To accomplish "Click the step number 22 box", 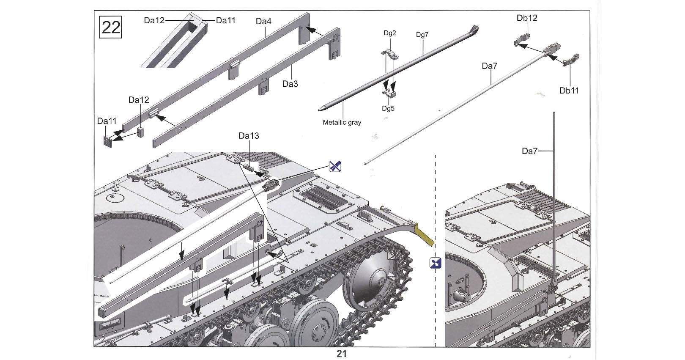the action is click(110, 27).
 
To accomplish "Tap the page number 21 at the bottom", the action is click(342, 354).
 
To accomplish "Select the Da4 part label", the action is click(263, 22).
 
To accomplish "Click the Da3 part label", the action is click(290, 84).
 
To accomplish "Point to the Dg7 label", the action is click(422, 35).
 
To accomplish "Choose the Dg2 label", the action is click(390, 33).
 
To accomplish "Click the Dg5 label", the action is click(388, 109).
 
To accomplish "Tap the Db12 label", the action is click(527, 18).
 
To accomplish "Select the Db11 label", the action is click(569, 91).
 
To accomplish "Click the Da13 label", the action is click(249, 136).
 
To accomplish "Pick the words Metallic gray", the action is click(342, 122).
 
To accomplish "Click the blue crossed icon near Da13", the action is click(335, 166).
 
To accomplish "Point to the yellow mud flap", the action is click(425, 237).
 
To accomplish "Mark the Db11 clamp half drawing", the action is click(571, 60).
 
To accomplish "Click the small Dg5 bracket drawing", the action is click(389, 93).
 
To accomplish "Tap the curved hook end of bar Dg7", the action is click(474, 30).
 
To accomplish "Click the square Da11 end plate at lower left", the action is click(108, 142).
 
